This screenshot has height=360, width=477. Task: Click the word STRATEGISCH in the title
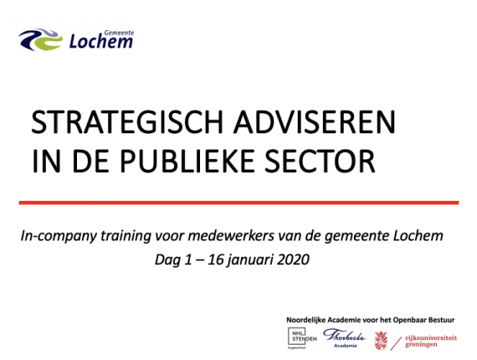click(x=127, y=122)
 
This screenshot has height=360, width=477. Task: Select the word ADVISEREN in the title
click(x=315, y=122)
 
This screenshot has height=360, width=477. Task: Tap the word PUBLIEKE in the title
click(x=187, y=161)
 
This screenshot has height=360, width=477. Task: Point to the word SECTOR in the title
click(x=320, y=161)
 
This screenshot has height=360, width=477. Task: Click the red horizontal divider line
click(x=238, y=203)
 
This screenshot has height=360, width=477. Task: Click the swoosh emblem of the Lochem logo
click(x=41, y=39)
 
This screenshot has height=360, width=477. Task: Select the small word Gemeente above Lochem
click(x=119, y=33)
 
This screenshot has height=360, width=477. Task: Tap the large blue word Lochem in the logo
click(x=101, y=42)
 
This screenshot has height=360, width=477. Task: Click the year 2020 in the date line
click(x=294, y=260)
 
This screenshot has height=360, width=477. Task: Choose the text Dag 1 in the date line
click(x=173, y=260)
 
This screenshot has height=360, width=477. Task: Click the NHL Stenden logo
click(x=302, y=338)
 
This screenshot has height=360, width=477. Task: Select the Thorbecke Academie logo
click(x=345, y=337)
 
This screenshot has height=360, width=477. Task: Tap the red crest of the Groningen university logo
click(x=381, y=340)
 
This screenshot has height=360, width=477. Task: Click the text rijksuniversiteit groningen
click(x=431, y=341)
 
